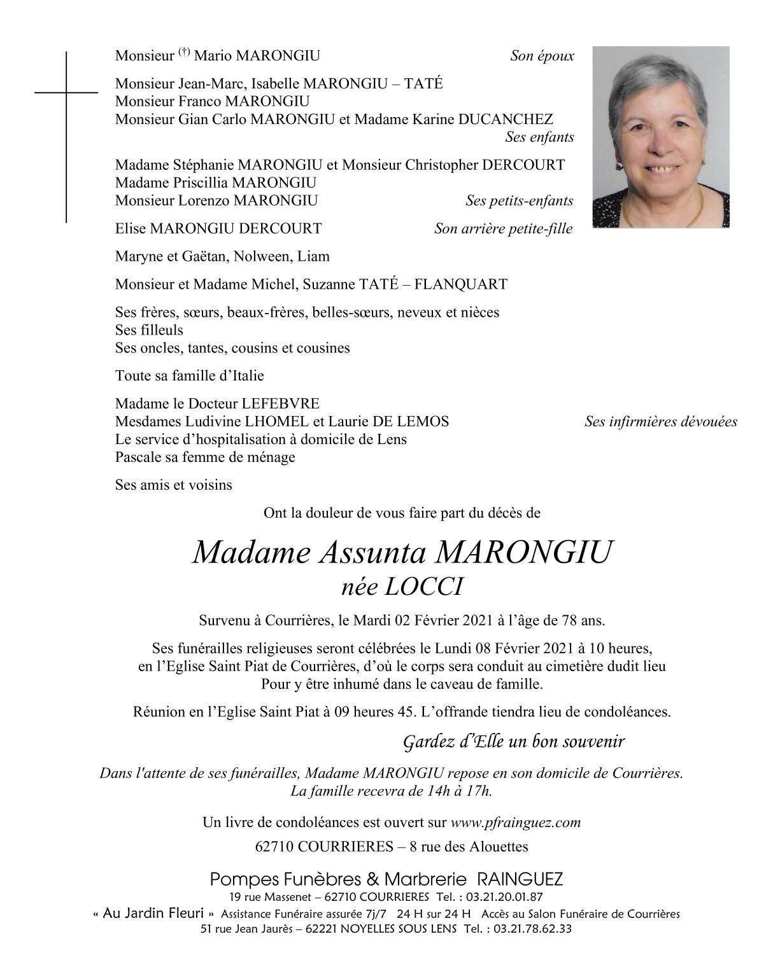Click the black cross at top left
pyautogui.click(x=66, y=93)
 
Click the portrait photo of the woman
pyautogui.click(x=660, y=137)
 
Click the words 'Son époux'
pyautogui.click(x=542, y=56)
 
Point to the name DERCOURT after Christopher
pyautogui.click(x=523, y=165)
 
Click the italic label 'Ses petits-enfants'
pyautogui.click(x=519, y=201)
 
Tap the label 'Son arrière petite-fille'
pyautogui.click(x=503, y=229)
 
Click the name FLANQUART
pyautogui.click(x=460, y=284)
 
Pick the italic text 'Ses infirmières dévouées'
pyautogui.click(x=660, y=421)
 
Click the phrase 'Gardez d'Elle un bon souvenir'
pyautogui.click(x=514, y=742)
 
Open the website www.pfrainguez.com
pyautogui.click(x=515, y=822)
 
